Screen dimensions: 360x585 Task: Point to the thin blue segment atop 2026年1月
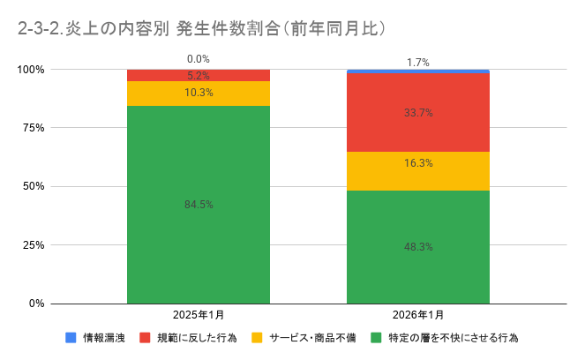[x=417, y=71]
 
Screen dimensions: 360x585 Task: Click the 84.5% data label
[x=199, y=205]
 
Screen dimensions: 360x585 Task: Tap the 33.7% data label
[x=417, y=113]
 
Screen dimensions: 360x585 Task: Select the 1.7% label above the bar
[x=418, y=63]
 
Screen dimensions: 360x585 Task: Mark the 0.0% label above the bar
[x=199, y=59]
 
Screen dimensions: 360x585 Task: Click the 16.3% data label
[x=417, y=163]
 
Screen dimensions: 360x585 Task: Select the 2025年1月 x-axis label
[x=199, y=316]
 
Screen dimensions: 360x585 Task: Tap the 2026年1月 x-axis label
[x=418, y=316]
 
